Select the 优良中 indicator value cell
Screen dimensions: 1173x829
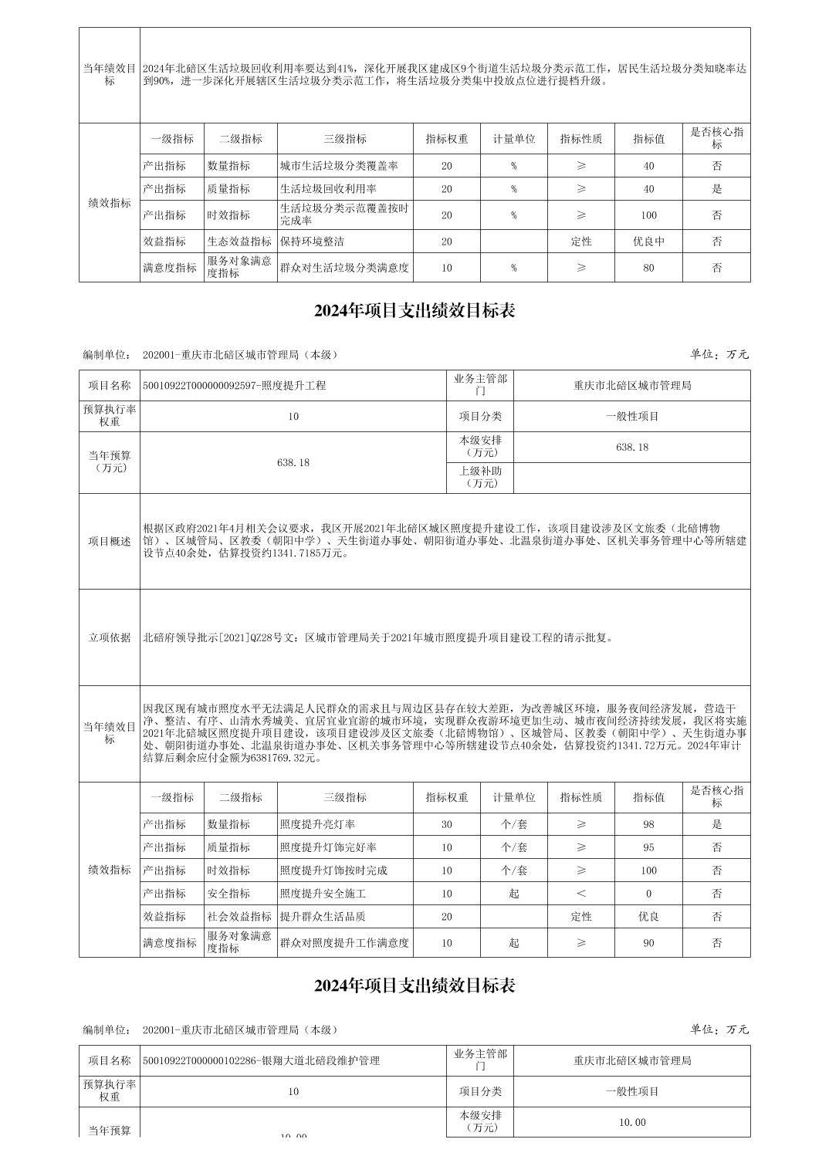(x=648, y=242)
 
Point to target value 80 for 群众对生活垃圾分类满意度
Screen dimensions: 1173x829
(x=648, y=268)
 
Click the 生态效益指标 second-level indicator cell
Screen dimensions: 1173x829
(x=239, y=242)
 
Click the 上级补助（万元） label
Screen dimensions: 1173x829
(x=480, y=477)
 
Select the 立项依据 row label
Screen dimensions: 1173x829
(x=110, y=637)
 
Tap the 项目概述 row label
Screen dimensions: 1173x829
(x=110, y=541)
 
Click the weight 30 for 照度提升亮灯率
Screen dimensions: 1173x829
(x=447, y=824)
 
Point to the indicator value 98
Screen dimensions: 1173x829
(x=648, y=824)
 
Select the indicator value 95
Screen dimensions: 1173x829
(x=648, y=847)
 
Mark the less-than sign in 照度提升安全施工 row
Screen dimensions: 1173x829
(x=581, y=894)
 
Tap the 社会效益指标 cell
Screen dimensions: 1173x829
(x=239, y=917)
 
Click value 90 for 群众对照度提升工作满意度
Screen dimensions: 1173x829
(x=648, y=943)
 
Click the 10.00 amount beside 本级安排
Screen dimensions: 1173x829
(x=632, y=1122)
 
